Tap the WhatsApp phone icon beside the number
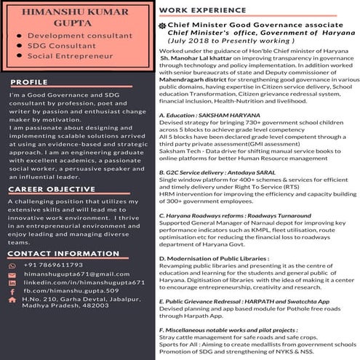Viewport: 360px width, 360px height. click(12, 266)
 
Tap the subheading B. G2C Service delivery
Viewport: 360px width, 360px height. click(215, 172)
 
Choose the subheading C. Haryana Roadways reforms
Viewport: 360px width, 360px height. click(233, 215)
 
